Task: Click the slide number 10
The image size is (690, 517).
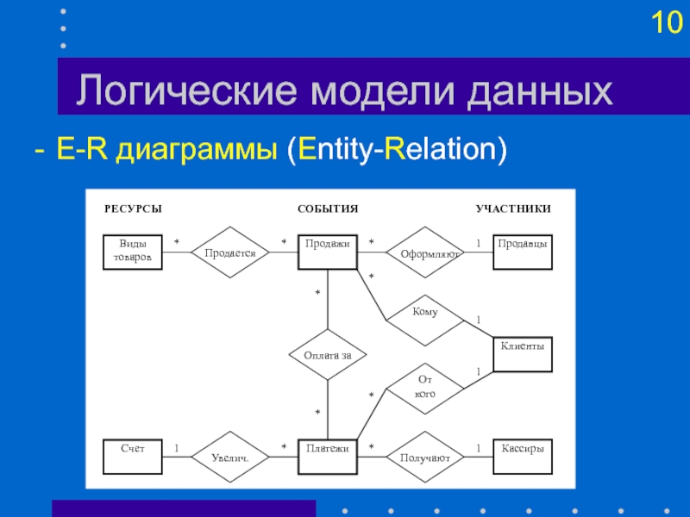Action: pyautogui.click(x=667, y=22)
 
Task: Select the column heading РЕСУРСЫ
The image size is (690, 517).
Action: pyautogui.click(x=133, y=209)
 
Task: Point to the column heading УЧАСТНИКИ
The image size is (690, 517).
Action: pyautogui.click(x=513, y=209)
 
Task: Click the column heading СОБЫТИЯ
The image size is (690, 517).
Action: pyautogui.click(x=328, y=209)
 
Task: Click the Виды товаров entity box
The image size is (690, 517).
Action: pyautogui.click(x=133, y=252)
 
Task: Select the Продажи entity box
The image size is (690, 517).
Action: pyautogui.click(x=328, y=252)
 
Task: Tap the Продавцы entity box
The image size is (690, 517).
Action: pyautogui.click(x=523, y=252)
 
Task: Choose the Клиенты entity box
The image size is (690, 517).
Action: pyautogui.click(x=523, y=354)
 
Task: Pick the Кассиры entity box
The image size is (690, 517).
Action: pyautogui.click(x=523, y=457)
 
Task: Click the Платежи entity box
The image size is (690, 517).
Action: pyautogui.click(x=328, y=457)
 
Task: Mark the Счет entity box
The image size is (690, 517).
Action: pyautogui.click(x=133, y=457)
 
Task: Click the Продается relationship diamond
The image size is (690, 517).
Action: pyautogui.click(x=230, y=252)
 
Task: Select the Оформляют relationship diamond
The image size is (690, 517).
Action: pyautogui.click(x=425, y=252)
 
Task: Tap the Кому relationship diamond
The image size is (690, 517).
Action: pyautogui.click(x=425, y=321)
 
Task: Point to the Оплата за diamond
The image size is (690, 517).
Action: pyautogui.click(x=328, y=354)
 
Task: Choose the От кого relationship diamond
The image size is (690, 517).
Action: pyautogui.click(x=425, y=389)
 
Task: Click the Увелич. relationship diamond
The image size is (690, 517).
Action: pyautogui.click(x=230, y=457)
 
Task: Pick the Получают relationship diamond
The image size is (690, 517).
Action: pyautogui.click(x=425, y=457)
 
